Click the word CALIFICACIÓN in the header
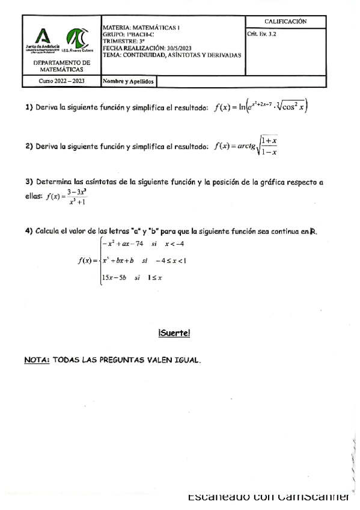tap(285, 22)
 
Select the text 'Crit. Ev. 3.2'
tap(261, 34)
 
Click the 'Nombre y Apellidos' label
tap(129, 81)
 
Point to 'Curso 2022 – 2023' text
tap(62, 81)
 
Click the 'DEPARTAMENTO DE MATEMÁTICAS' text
tap(61, 66)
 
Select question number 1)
tap(28, 108)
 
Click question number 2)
tap(28, 146)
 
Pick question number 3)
tap(28, 182)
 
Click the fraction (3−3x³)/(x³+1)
tap(76, 197)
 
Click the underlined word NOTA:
tap(37, 360)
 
